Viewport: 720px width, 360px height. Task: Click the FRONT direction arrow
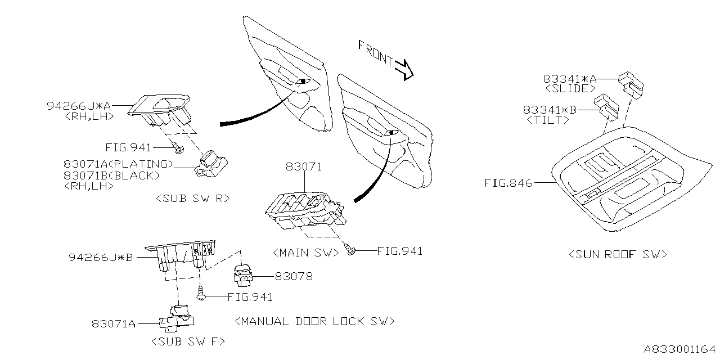[x=404, y=70]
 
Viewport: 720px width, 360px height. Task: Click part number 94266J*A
[x=79, y=106]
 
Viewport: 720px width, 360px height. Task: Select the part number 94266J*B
[x=101, y=258]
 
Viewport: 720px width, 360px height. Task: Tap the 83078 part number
[x=294, y=276]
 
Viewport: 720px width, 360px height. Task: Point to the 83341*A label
[x=570, y=79]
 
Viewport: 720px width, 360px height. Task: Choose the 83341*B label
[x=550, y=110]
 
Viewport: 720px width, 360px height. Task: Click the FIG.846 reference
[x=508, y=183]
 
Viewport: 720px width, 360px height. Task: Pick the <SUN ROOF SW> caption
[x=618, y=255]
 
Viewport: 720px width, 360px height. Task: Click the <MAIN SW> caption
[x=306, y=253]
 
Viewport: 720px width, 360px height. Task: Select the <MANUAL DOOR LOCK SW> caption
[x=314, y=321]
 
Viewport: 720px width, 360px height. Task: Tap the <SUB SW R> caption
[x=193, y=199]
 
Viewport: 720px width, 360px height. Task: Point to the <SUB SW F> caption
[x=188, y=341]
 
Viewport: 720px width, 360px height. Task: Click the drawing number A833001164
[x=680, y=349]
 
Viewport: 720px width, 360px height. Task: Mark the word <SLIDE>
[x=570, y=88]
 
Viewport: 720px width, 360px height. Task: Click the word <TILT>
[x=548, y=120]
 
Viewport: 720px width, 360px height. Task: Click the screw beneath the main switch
[x=350, y=249]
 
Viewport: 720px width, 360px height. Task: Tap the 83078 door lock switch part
[x=243, y=275]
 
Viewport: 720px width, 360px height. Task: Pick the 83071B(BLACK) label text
[x=111, y=175]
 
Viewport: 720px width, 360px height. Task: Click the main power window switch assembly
[x=305, y=210]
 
